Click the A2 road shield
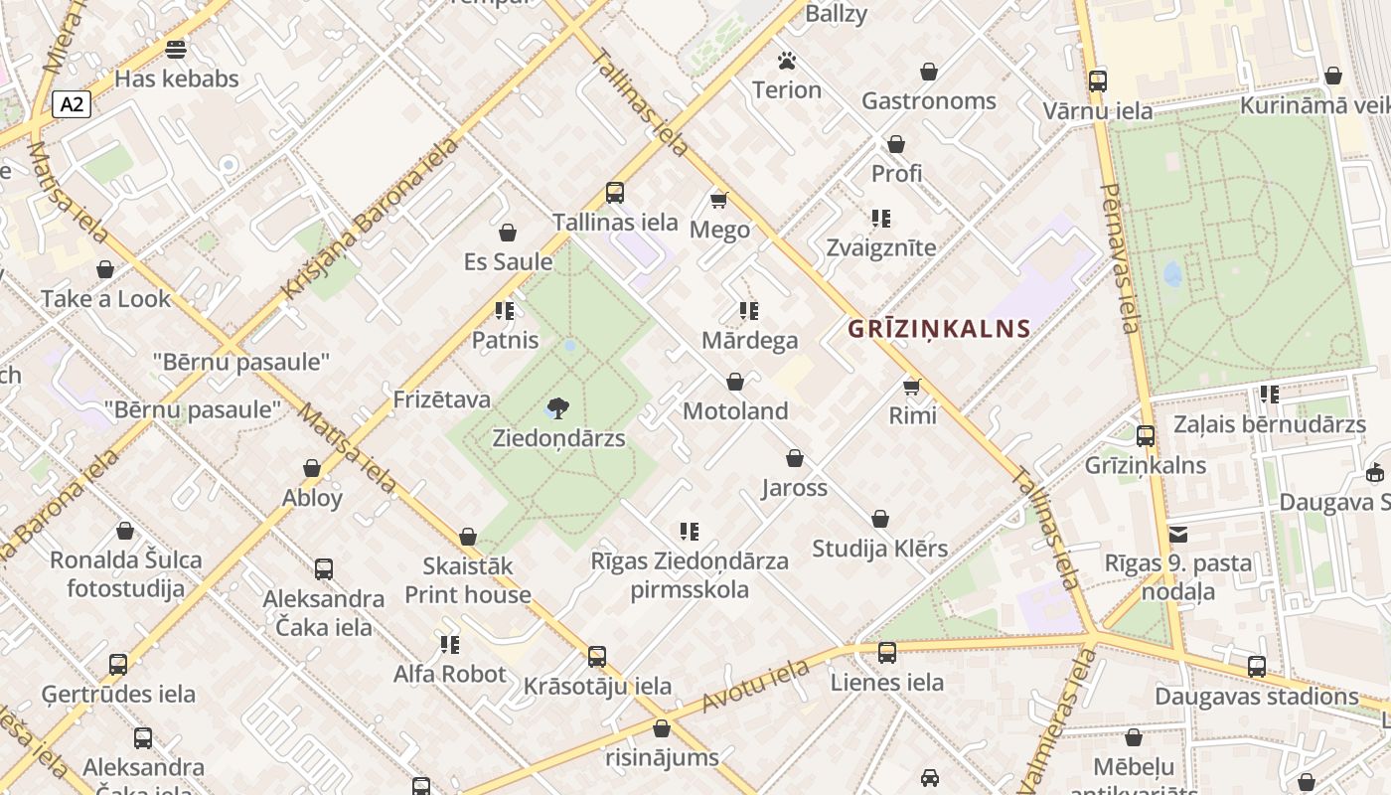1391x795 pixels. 73,104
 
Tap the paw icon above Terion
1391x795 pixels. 787,62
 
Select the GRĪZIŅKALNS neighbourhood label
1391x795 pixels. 939,329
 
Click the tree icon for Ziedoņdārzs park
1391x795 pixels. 558,407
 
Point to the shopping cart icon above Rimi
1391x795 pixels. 912,386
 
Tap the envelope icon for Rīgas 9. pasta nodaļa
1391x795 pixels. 1178,535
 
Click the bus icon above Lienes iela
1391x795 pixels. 887,653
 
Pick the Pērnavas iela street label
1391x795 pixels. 1120,257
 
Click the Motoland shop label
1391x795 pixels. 735,411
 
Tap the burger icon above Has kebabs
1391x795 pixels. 176,49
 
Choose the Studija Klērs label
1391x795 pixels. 879,549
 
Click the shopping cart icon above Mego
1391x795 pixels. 719,200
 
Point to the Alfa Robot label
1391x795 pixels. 449,674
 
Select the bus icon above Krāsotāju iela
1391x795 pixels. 597,657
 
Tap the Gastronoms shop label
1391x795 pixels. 928,101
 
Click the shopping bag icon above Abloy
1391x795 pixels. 312,468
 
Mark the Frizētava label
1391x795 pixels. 442,399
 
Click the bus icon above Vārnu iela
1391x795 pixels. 1098,81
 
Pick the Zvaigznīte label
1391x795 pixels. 880,247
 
